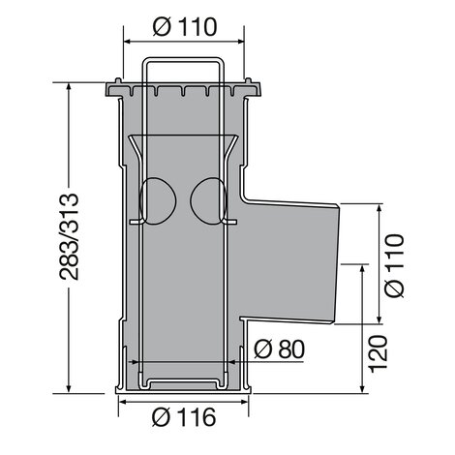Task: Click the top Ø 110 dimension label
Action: pyautogui.click(x=185, y=27)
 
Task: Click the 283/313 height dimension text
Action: pyautogui.click(x=69, y=236)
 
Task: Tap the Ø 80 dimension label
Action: pyautogui.click(x=279, y=349)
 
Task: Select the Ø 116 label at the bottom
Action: pyautogui.click(x=184, y=417)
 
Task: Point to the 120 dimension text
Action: pyautogui.click(x=378, y=353)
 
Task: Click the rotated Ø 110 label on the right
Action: pyautogui.click(x=394, y=265)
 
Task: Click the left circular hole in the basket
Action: pyautogui.click(x=158, y=200)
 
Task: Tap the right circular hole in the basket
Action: pyautogui.click(x=208, y=200)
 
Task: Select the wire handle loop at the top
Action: pyautogui.click(x=183, y=59)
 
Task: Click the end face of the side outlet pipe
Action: pyautogui.click(x=337, y=263)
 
